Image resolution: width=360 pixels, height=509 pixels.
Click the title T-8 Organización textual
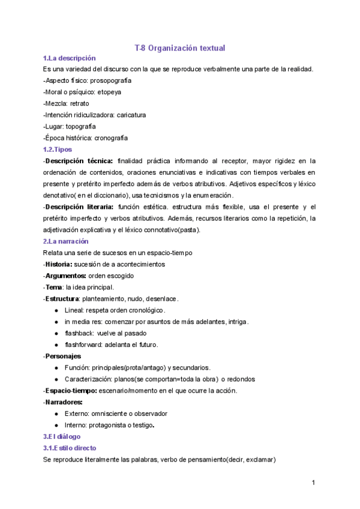[179, 47]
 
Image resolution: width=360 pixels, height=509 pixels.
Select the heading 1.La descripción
[69, 58]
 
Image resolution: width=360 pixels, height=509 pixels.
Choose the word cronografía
[111, 138]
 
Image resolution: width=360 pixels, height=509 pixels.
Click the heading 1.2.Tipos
[58, 149]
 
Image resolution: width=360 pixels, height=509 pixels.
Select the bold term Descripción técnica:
[79, 161]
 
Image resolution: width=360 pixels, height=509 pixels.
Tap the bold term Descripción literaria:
[81, 207]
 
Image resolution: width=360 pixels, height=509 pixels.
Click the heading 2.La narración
[65, 241]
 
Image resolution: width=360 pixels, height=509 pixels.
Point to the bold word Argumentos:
[65, 276]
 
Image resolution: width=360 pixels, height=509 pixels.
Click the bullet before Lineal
[56, 310]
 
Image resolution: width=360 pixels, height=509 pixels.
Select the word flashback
[79, 333]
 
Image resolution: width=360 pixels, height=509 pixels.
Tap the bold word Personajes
[64, 356]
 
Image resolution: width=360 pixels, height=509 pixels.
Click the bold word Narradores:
[64, 402]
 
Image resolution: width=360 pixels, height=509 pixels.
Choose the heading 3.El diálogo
[62, 436]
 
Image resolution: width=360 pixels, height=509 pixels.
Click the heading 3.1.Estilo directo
[70, 448]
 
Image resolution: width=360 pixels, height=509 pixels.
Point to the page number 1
[313, 483]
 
